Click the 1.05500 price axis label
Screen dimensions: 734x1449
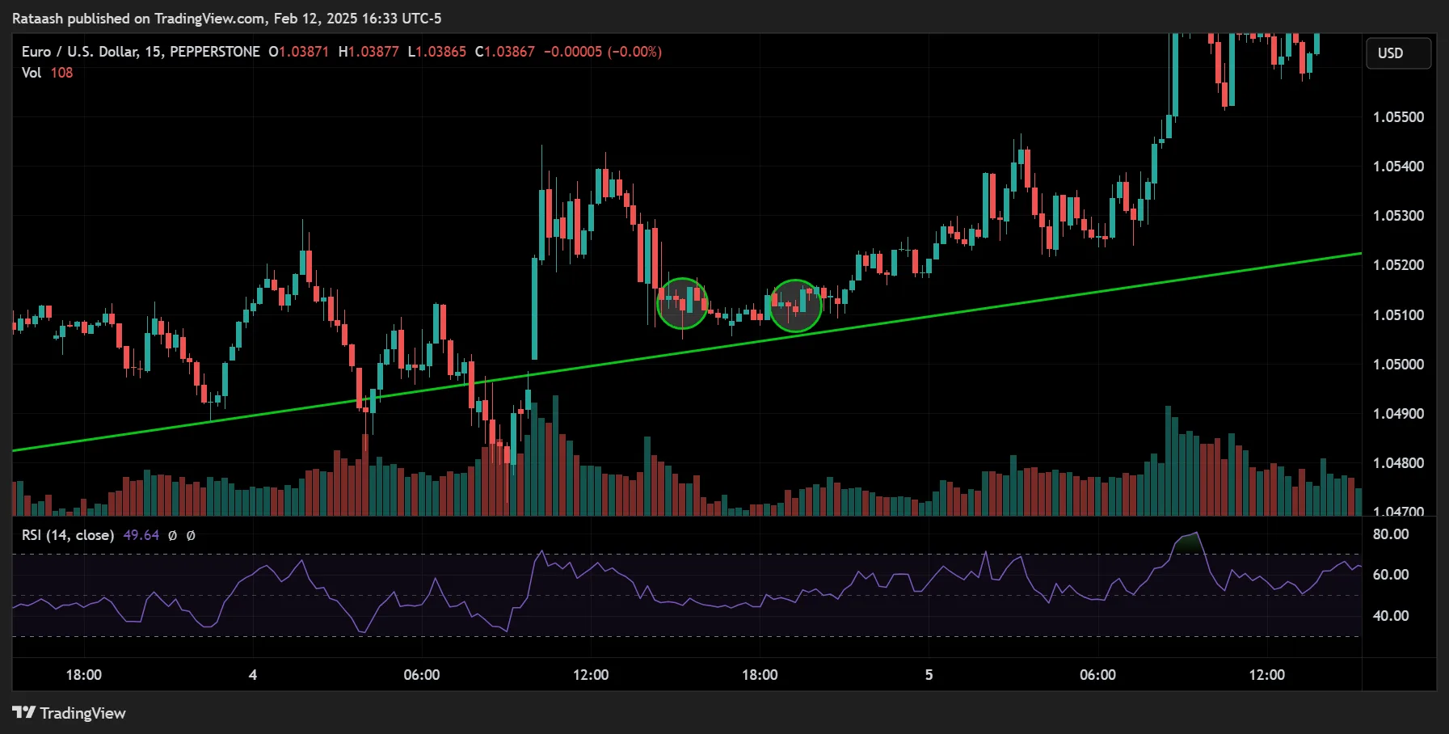pyautogui.click(x=1398, y=117)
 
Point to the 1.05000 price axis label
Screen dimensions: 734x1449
pyautogui.click(x=1398, y=365)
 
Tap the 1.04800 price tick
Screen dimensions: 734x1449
pyautogui.click(x=1398, y=463)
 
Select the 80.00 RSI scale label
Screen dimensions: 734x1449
pyautogui.click(x=1391, y=534)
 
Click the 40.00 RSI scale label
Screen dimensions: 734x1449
pyautogui.click(x=1391, y=616)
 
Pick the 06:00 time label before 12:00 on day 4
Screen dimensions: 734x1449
pyautogui.click(x=422, y=675)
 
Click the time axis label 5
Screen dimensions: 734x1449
pyautogui.click(x=929, y=675)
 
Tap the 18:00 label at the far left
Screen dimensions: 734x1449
pyautogui.click(x=83, y=675)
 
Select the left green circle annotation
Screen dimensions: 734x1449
pyautogui.click(x=683, y=303)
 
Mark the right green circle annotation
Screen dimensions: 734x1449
pyautogui.click(x=795, y=306)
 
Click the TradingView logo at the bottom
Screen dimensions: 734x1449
pyautogui.click(x=70, y=713)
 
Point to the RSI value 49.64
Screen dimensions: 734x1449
pyautogui.click(x=141, y=535)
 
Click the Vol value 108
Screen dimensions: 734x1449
pyautogui.click(x=61, y=73)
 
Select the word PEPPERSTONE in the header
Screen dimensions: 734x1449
pyautogui.click(x=215, y=52)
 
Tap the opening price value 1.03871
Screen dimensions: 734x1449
pyautogui.click(x=304, y=52)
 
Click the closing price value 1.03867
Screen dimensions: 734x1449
pyautogui.click(x=509, y=52)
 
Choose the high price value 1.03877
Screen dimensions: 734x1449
pyautogui.click(x=373, y=52)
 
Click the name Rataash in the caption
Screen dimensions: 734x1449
pyautogui.click(x=37, y=18)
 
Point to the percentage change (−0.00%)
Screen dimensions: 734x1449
pyautogui.click(x=634, y=52)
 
